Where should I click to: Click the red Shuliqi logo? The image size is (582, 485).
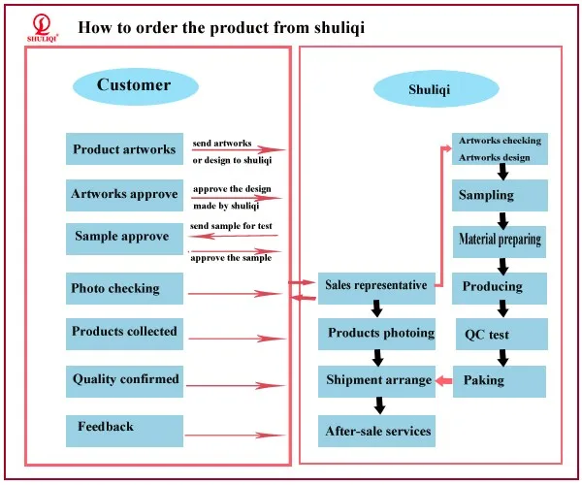[x=43, y=28]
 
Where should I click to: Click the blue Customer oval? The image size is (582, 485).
[x=136, y=86]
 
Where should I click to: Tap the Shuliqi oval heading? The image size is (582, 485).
[x=436, y=89]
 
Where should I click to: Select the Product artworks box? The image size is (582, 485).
[x=125, y=148]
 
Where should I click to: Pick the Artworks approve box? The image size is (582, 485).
[x=125, y=195]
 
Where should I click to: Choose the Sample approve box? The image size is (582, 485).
[x=125, y=239]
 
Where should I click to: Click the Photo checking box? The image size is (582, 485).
[x=125, y=288]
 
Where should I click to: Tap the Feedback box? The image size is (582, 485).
[x=125, y=431]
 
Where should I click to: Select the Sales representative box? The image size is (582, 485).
[x=376, y=288]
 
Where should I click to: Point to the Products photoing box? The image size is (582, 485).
[x=376, y=334]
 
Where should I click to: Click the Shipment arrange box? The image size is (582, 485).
[x=376, y=381]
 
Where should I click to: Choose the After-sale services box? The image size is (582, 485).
[x=376, y=431]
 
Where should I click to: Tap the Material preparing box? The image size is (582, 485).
[x=500, y=242]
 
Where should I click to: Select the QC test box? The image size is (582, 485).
[x=501, y=334]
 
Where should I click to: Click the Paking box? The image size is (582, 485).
[x=500, y=381]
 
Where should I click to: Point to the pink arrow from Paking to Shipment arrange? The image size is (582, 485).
[x=444, y=381]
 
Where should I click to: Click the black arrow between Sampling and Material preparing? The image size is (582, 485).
[x=502, y=221]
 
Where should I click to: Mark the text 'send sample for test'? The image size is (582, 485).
[x=231, y=226]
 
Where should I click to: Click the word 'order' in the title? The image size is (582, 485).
[x=156, y=27]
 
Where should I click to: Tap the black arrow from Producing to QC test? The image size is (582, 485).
[x=502, y=308]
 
